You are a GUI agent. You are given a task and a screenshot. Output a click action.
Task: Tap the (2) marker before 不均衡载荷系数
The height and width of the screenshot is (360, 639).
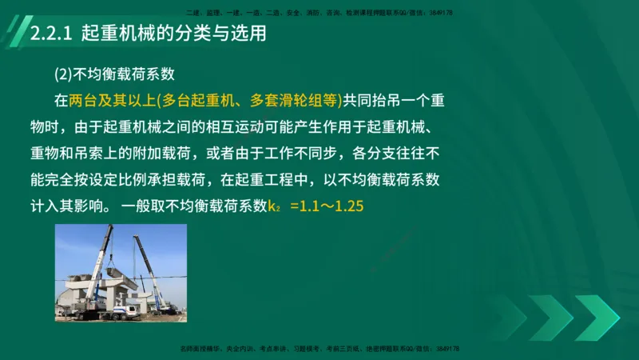63,74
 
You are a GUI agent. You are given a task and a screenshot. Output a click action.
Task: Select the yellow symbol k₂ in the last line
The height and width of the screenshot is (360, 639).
273,206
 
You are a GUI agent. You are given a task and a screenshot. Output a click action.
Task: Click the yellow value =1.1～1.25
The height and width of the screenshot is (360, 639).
327,206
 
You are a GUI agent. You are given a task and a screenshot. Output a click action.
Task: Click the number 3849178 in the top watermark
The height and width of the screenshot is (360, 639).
444,13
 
